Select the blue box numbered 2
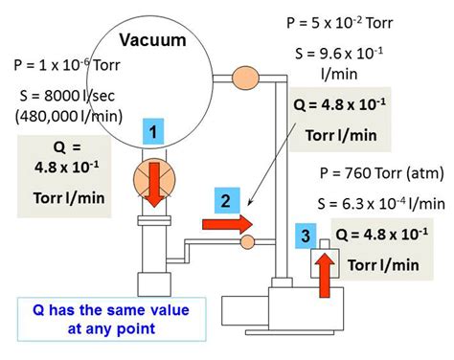pos(225,201)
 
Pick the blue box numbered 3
pos(305,235)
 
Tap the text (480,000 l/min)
pos(59,118)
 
